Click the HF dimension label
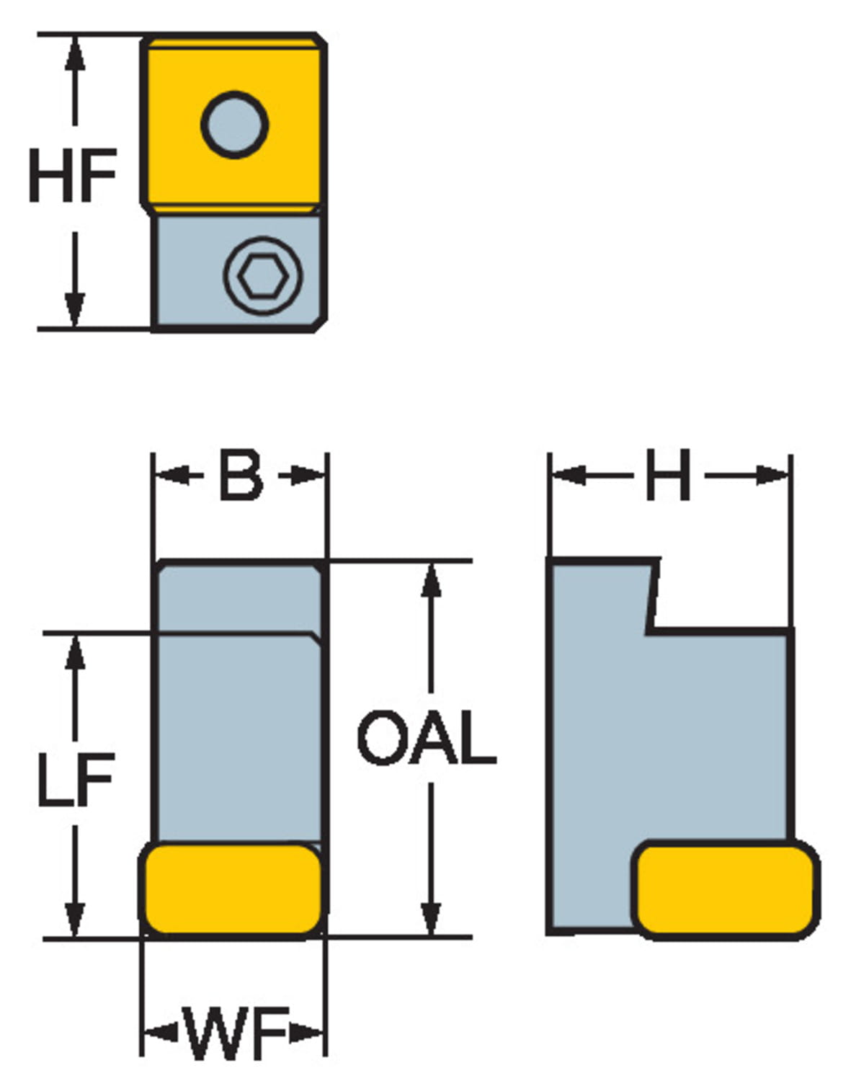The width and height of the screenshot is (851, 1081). point(72,175)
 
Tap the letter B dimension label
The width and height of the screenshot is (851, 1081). point(241,476)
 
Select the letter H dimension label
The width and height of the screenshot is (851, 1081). point(668,476)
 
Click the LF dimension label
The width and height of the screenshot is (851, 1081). point(75,778)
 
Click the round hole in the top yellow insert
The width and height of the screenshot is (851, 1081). point(235,125)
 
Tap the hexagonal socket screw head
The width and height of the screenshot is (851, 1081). point(262,275)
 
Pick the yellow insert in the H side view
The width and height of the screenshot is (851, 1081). point(725,889)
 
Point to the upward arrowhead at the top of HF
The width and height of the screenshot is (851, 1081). point(74,50)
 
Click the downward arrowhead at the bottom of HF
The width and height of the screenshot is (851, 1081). point(74,311)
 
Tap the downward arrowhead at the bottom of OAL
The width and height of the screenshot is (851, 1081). point(431,920)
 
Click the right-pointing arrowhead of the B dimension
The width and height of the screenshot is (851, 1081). point(311,476)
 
